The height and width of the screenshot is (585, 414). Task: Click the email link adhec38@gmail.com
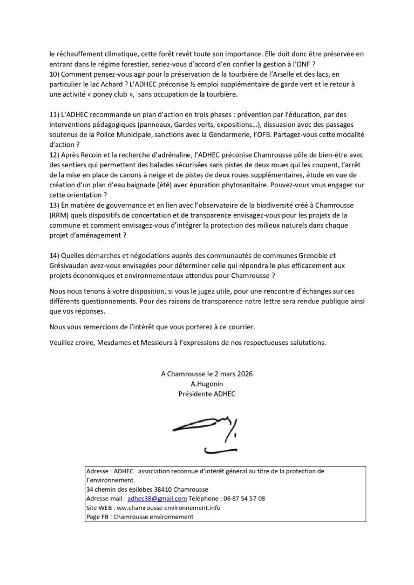pos(157,499)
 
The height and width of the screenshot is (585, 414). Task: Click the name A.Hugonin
pos(207,384)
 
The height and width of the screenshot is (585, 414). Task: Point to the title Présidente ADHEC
pos(207,393)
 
